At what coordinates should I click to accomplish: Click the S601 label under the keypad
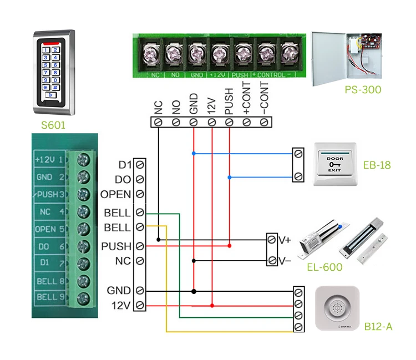53,125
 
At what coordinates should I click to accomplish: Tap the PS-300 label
364,89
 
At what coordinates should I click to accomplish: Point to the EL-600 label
324,267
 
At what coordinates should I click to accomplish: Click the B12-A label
378,326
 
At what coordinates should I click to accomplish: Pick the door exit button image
336,165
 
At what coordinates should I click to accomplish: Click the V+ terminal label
285,240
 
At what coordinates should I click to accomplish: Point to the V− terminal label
285,260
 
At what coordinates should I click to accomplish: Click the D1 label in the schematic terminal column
124,165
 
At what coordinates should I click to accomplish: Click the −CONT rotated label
265,99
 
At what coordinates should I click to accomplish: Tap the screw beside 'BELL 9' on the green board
83,297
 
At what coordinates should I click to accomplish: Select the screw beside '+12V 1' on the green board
83,160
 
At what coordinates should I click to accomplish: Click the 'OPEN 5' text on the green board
49,229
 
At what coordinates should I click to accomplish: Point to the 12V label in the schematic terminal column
121,305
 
